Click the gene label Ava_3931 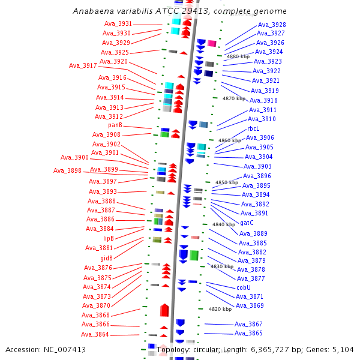click(118, 23)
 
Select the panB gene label click(115, 125)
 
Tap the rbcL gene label click(253, 128)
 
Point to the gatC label click(247, 223)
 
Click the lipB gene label click(108, 238)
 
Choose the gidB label click(107, 258)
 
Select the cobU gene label click(243, 287)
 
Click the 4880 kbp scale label click(238, 56)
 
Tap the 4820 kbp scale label click(220, 310)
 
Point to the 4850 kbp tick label click(227, 182)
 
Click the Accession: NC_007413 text click(46, 349)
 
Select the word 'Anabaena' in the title click(92, 11)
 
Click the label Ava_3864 click(95, 334)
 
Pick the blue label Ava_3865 click(248, 333)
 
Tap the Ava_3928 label click(271, 25)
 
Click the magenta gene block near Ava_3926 click(212, 43)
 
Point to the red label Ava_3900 click(74, 157)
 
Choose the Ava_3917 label click(83, 65)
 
